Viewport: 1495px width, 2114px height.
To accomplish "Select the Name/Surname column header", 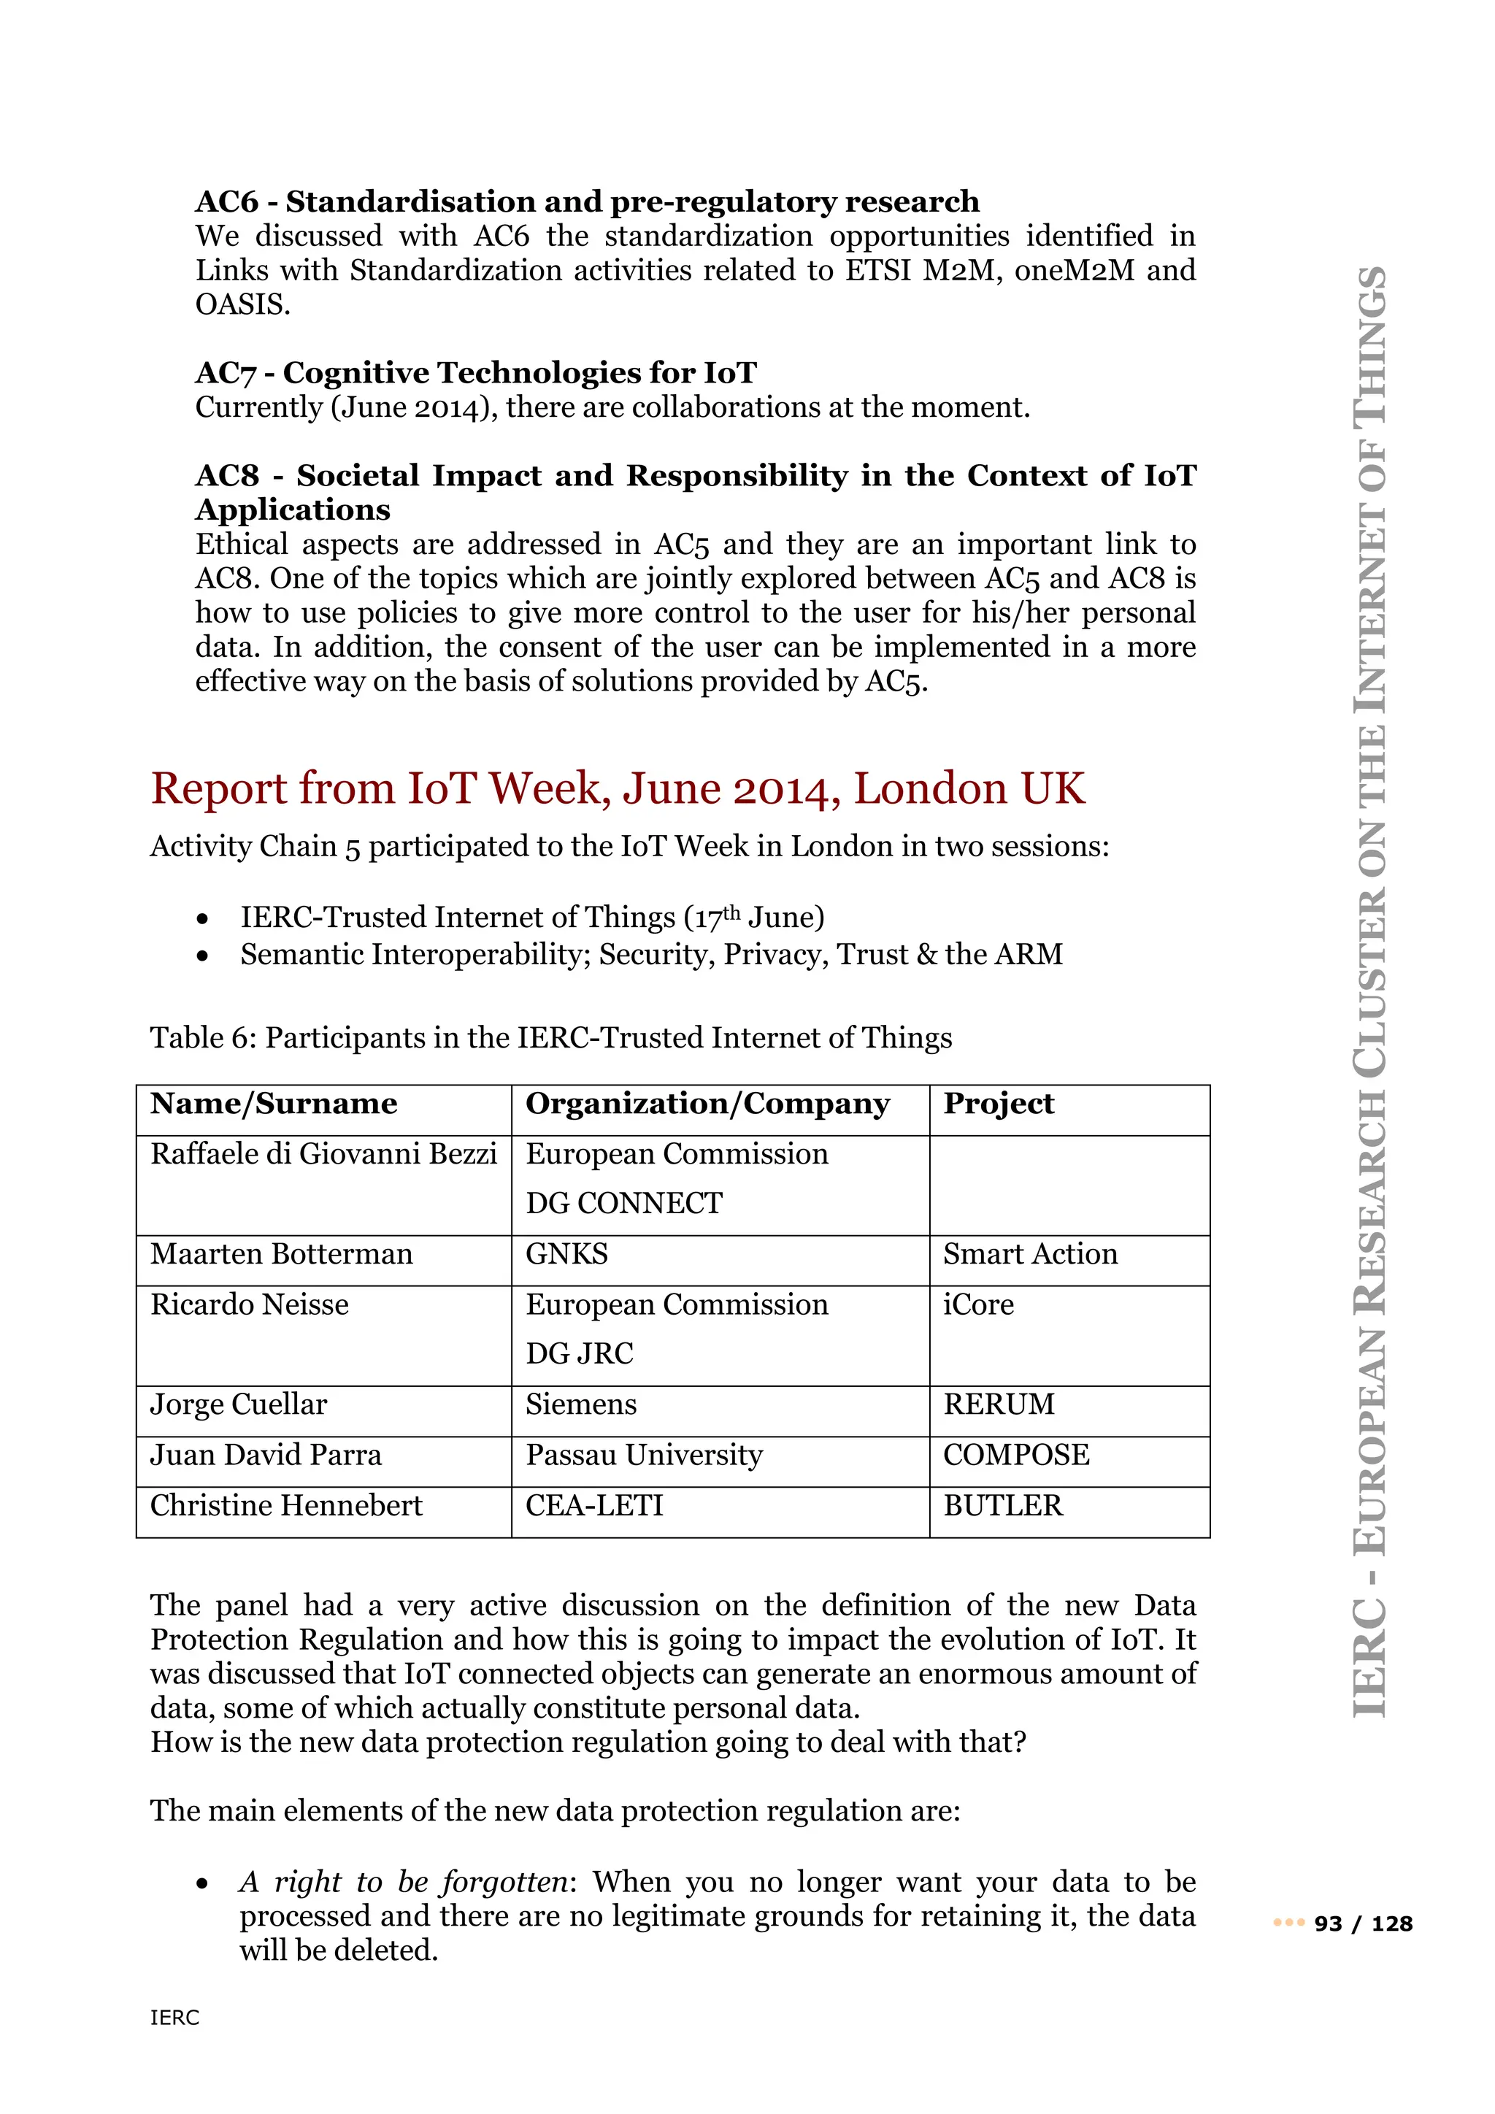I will point(274,1103).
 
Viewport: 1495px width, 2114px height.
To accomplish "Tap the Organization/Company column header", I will point(707,1103).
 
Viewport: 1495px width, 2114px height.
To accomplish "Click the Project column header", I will point(998,1103).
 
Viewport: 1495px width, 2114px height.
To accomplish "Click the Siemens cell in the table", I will point(581,1404).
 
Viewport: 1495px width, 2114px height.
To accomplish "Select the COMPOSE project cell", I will point(1015,1455).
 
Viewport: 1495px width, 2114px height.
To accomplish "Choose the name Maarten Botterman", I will point(281,1254).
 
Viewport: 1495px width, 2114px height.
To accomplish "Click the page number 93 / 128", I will point(1362,1923).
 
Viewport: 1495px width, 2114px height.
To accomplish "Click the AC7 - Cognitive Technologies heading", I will point(475,373).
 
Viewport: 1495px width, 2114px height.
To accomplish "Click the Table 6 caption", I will point(550,1038).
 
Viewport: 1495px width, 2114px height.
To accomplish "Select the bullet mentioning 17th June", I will point(531,918).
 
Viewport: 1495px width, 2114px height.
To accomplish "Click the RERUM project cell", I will point(998,1404).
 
